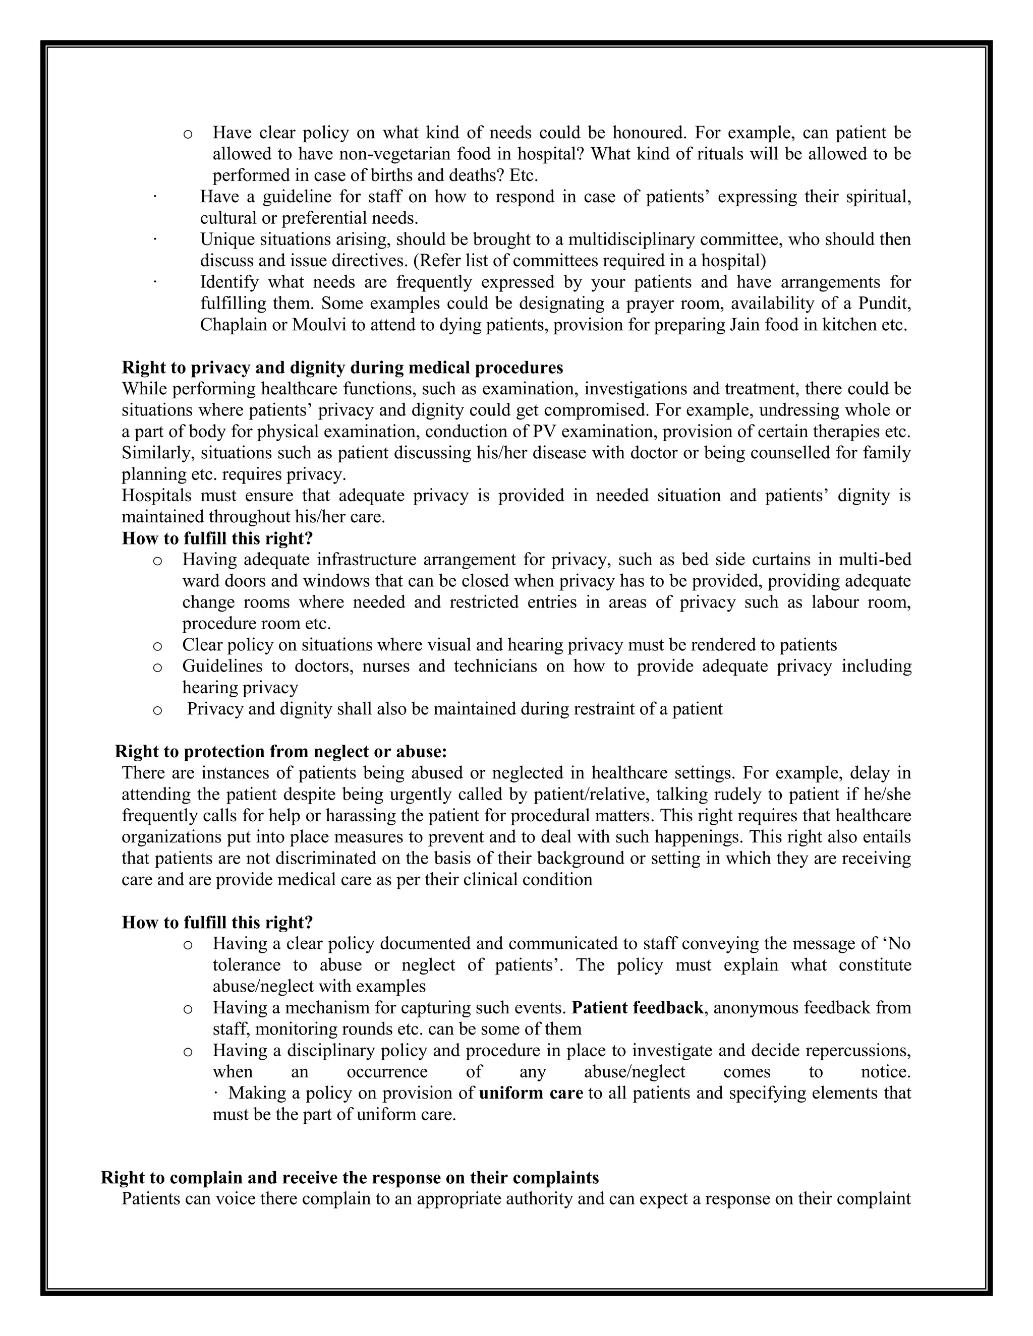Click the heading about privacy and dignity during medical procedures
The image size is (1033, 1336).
(x=342, y=368)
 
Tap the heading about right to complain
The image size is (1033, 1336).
(x=350, y=1178)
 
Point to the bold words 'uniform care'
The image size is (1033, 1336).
(x=531, y=1092)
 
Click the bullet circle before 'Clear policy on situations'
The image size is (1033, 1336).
(x=157, y=645)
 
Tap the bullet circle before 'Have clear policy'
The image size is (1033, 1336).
(x=188, y=134)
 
